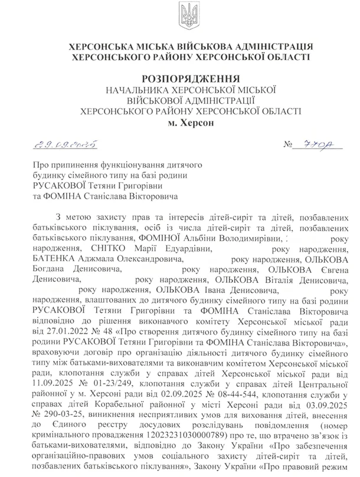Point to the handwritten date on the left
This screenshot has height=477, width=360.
pyautogui.click(x=58, y=144)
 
